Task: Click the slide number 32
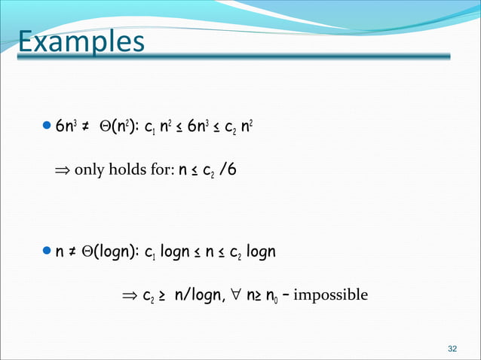coord(452,349)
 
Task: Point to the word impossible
coord(331,294)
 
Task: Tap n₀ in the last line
coord(277,295)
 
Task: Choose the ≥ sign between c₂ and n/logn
coord(163,294)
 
